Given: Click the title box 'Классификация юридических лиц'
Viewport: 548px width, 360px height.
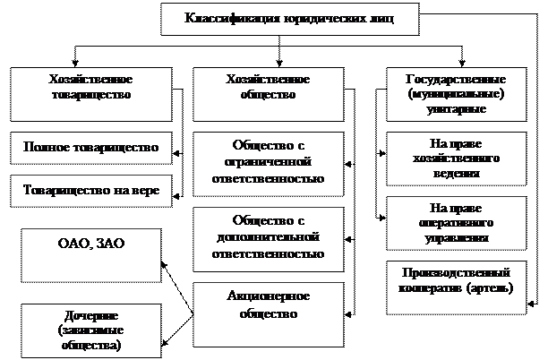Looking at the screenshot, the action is (x=266, y=19).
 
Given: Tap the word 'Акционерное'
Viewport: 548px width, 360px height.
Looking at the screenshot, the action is (x=270, y=296).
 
